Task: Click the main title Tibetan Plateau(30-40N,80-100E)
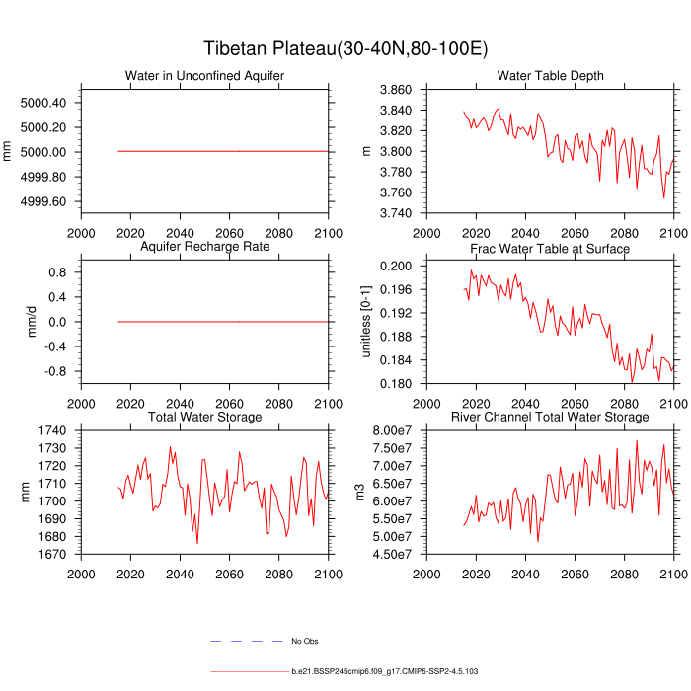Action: click(x=345, y=49)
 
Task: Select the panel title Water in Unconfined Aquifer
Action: click(x=204, y=77)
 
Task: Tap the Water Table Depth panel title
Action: click(x=550, y=77)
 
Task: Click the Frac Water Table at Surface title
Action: click(x=550, y=249)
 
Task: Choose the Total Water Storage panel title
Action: click(x=204, y=418)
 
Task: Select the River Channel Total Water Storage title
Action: click(x=550, y=418)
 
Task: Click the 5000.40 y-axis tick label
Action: click(x=43, y=103)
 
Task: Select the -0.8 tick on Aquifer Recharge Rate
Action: click(x=51, y=371)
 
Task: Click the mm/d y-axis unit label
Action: click(x=32, y=322)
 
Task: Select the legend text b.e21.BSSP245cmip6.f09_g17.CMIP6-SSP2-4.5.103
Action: click(x=385, y=671)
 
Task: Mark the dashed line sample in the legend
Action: click(x=247, y=642)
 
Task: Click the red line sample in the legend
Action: click(x=247, y=671)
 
